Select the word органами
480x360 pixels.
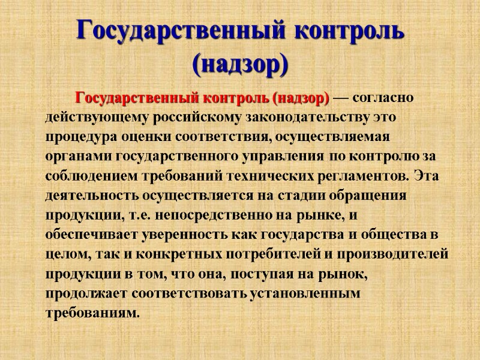(70, 156)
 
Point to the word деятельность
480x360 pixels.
(84, 196)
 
